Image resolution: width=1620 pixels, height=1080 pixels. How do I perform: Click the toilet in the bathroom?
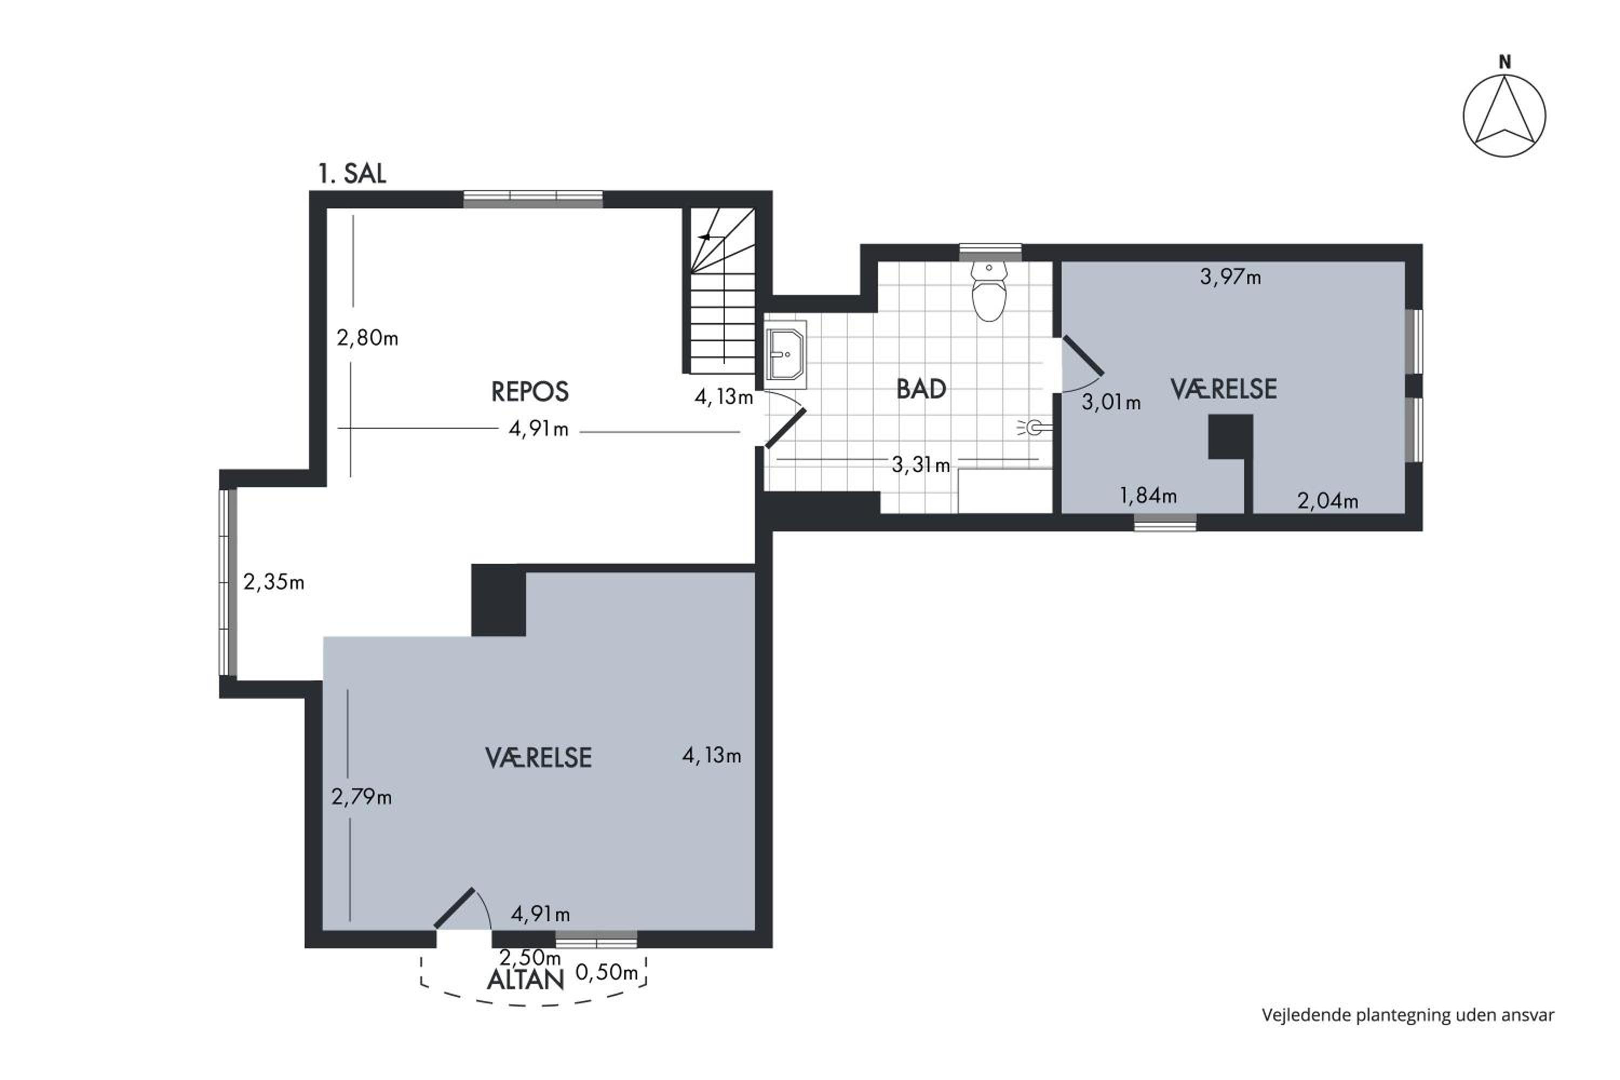989,291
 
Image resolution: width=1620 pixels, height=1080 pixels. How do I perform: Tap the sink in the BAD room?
785,355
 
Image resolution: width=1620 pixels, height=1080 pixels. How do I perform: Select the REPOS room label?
530,392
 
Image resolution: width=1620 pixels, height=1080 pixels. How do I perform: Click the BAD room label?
921,389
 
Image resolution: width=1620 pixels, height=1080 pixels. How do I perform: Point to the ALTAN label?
525,980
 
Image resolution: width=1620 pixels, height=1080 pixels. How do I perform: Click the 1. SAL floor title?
352,173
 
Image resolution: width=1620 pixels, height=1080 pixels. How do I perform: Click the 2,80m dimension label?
367,338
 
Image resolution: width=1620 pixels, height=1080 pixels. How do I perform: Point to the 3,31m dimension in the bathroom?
921,465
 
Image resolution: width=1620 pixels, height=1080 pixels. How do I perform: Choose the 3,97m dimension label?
1230,278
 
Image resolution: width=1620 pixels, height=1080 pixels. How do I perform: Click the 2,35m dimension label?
273,583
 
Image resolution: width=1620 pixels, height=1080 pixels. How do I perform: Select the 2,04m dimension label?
1327,501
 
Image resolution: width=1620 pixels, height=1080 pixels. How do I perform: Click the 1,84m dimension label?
1148,495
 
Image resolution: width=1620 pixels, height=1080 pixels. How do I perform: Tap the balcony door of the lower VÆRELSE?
455,908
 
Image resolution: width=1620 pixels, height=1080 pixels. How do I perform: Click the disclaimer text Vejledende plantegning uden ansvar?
1408,1015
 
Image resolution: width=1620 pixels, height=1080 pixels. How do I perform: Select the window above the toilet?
990,252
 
